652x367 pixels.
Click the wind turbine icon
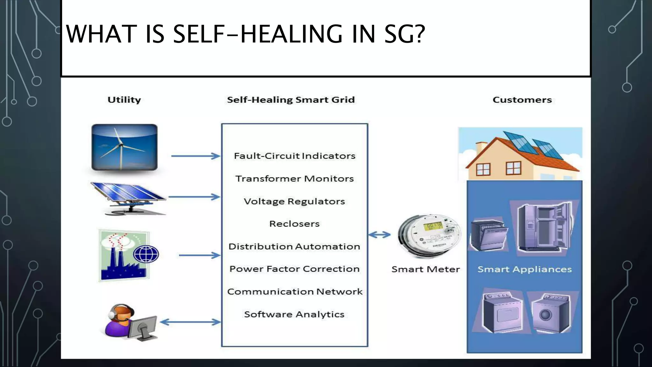click(124, 147)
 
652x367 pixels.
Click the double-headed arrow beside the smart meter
click(379, 235)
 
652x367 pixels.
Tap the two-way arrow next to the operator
click(190, 322)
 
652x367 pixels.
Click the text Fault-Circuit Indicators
click(294, 156)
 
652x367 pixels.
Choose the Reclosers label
click(294, 224)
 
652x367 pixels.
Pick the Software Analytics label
click(294, 314)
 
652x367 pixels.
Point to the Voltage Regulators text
click(294, 201)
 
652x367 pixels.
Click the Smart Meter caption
click(426, 269)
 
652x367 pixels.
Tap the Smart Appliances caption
click(525, 269)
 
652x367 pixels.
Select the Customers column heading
click(522, 100)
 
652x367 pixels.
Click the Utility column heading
click(124, 100)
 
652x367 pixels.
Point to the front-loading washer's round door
click(545, 315)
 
